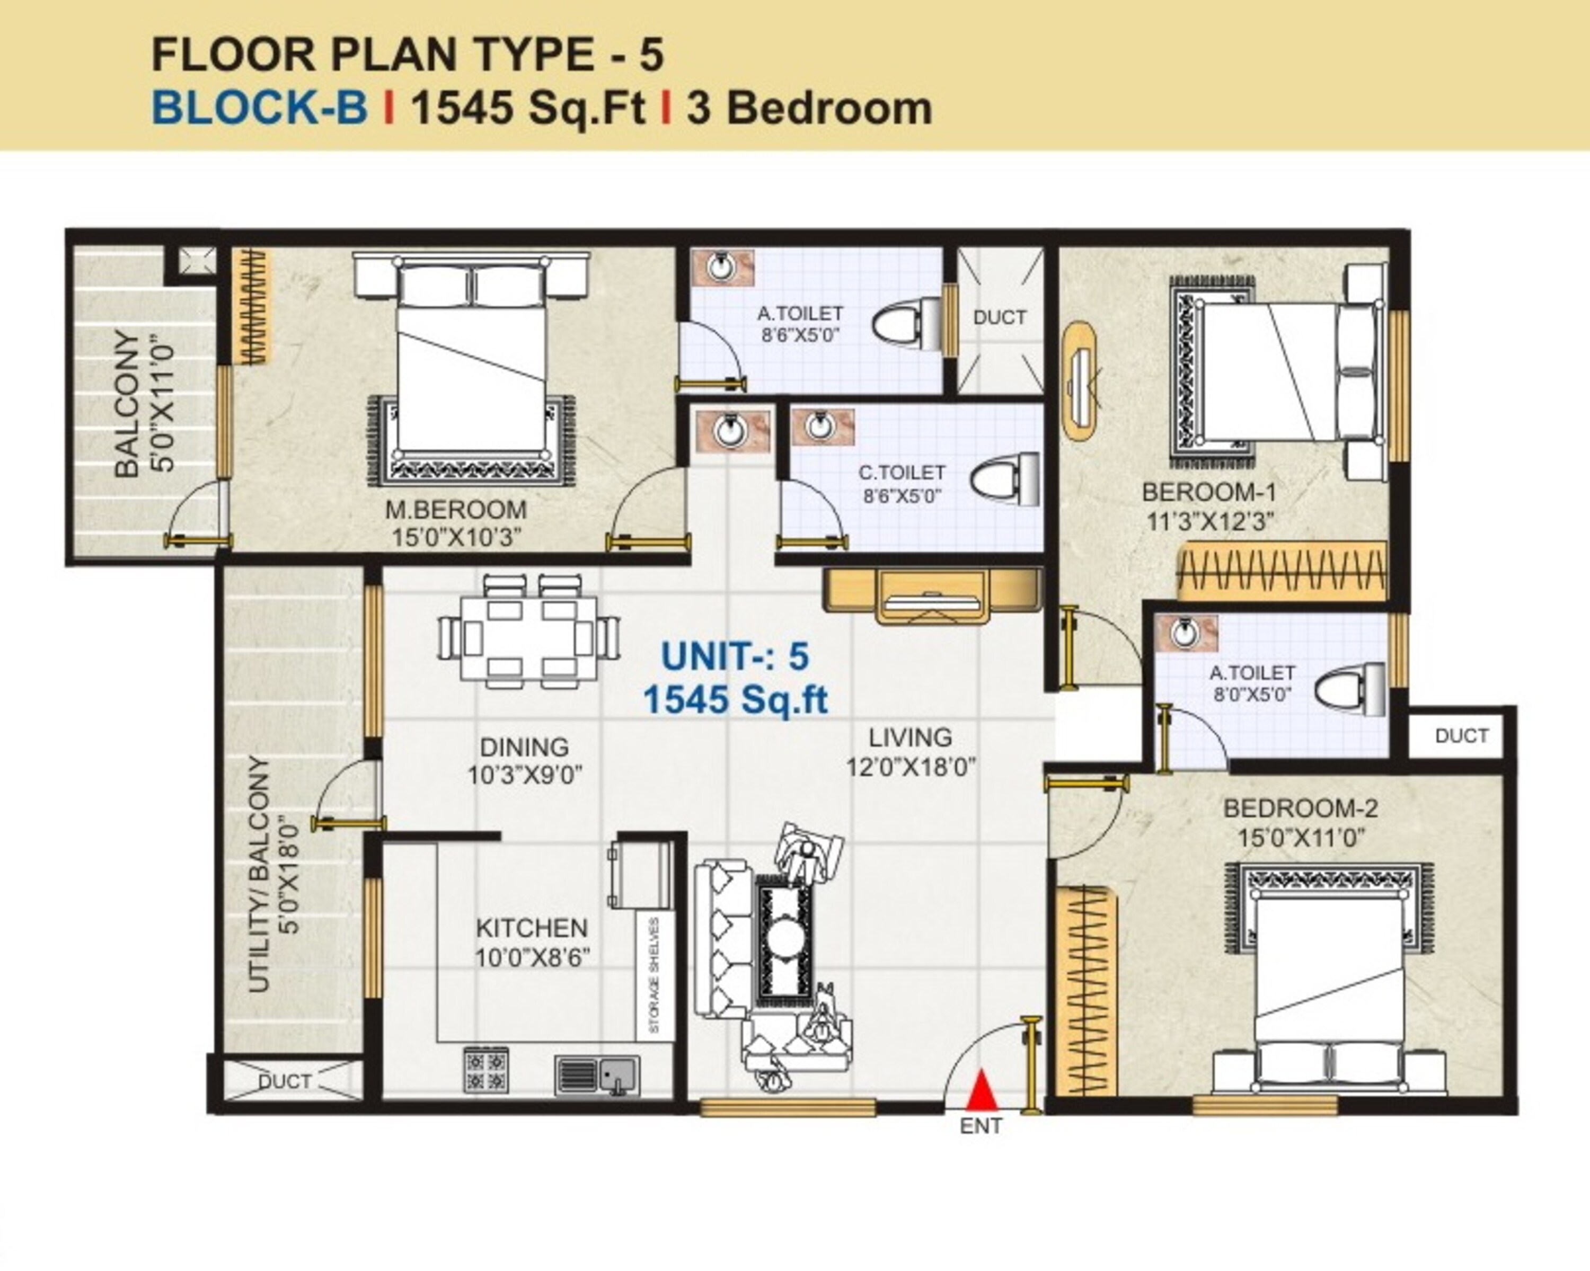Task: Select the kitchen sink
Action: point(598,1076)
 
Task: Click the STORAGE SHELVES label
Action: point(653,975)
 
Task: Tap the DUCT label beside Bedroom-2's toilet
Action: point(1462,736)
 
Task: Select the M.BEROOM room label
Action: point(456,510)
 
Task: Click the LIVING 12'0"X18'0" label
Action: point(911,752)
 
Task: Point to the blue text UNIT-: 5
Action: point(735,656)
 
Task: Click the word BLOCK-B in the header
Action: point(259,108)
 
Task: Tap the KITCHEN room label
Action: point(532,928)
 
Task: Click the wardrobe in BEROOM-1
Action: point(1283,571)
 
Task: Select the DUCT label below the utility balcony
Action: point(285,1081)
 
